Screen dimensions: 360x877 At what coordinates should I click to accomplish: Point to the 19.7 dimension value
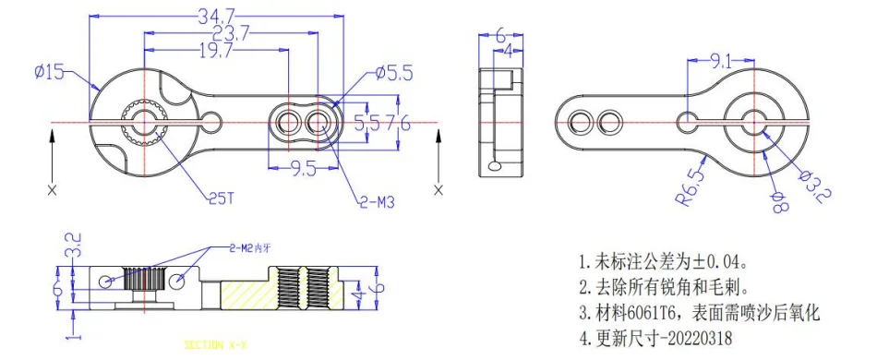pos(216,51)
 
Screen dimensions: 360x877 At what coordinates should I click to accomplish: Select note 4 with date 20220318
pos(655,339)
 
